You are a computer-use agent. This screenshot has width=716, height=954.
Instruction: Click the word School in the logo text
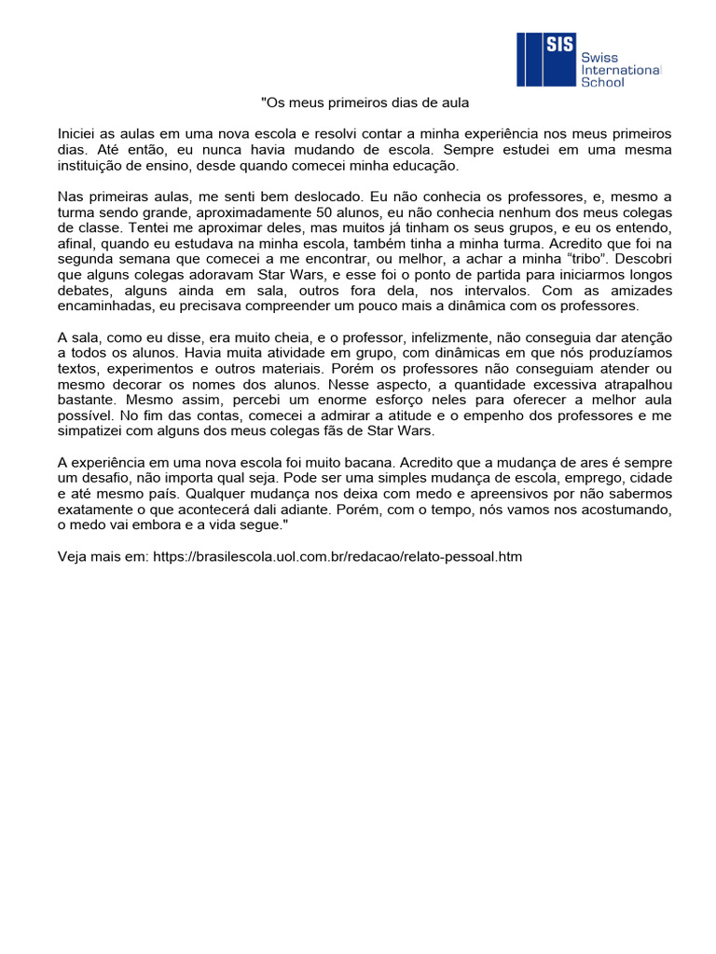[x=602, y=82]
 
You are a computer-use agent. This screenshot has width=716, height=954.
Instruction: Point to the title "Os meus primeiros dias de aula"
[x=364, y=102]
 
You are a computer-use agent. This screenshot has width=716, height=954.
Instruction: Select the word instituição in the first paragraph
[x=95, y=165]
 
